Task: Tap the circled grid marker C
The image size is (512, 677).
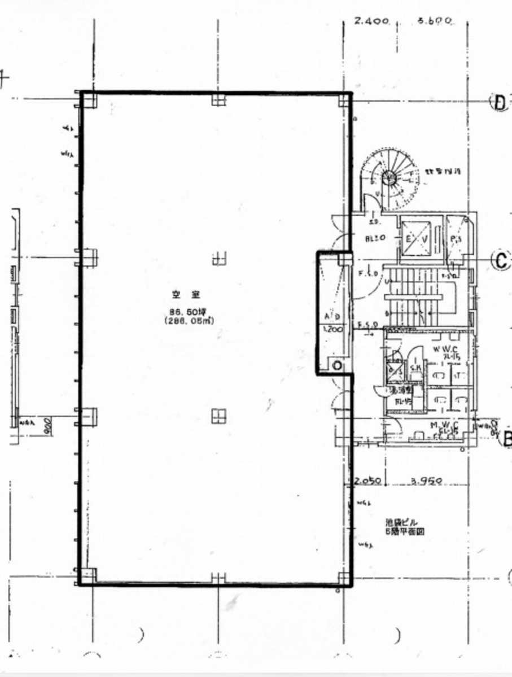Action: coord(500,260)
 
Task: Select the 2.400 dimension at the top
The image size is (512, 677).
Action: coord(371,21)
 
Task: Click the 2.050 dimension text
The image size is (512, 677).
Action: coord(369,482)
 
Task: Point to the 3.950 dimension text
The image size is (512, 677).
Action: coord(426,482)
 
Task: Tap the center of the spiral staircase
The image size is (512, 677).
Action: coord(389,177)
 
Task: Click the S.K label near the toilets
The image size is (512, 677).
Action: coord(415,368)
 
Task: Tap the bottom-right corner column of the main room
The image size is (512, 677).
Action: coord(344,577)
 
